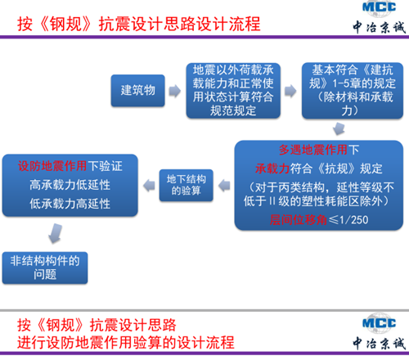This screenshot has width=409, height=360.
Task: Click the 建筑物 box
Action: pyautogui.click(x=138, y=91)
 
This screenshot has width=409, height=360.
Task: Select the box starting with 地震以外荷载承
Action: pyautogui.click(x=233, y=91)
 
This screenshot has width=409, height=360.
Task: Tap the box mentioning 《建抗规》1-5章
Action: pyautogui.click(x=353, y=91)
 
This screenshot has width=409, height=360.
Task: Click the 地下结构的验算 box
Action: pyautogui.click(x=187, y=186)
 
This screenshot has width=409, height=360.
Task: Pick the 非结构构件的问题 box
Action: pyautogui.click(x=45, y=268)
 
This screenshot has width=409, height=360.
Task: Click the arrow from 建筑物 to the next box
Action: pyautogui.click(x=175, y=91)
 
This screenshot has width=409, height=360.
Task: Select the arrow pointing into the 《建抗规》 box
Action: pyautogui.click(x=290, y=91)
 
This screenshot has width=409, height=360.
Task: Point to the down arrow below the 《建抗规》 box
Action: pyautogui.click(x=339, y=128)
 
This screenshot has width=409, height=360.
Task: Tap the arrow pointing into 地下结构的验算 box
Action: pyautogui.click(x=224, y=186)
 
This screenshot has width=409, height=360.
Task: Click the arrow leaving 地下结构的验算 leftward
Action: pyautogui.click(x=149, y=186)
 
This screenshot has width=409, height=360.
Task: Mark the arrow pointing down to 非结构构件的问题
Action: pyautogui.click(x=56, y=233)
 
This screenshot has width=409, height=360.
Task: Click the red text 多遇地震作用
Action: pyautogui.click(x=313, y=150)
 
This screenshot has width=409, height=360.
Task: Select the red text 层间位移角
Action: pyautogui.click(x=299, y=220)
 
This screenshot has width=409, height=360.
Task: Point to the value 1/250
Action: pyautogui.click(x=354, y=220)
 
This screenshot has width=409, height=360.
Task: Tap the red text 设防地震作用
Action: pyautogui.click(x=52, y=166)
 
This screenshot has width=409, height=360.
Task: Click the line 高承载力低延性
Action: pyautogui.click(x=70, y=185)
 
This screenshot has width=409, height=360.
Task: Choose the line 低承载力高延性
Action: pyautogui.click(x=70, y=204)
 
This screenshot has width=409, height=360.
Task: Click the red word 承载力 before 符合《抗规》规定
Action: pyautogui.click(x=272, y=169)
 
